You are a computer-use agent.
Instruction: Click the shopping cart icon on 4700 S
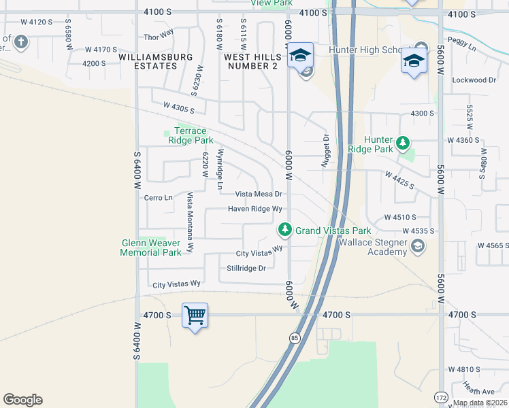[195, 315]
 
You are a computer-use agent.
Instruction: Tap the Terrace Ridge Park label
[190, 135]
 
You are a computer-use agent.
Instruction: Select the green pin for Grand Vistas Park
[286, 231]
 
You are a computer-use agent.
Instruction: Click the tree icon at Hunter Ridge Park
[404, 142]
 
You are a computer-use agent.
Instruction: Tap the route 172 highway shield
[440, 396]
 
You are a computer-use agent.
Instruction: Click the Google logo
[22, 400]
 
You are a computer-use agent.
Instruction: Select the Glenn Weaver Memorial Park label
[151, 248]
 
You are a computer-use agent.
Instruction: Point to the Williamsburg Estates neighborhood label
[156, 61]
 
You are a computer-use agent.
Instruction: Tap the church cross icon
[21, 43]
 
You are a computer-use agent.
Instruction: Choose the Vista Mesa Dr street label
[259, 194]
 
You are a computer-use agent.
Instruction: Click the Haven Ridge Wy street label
[255, 209]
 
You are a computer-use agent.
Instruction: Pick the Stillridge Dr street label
[246, 268]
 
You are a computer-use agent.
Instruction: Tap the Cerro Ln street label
[159, 198]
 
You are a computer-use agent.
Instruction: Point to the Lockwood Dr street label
[474, 80]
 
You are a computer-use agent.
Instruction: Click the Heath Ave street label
[478, 392]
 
